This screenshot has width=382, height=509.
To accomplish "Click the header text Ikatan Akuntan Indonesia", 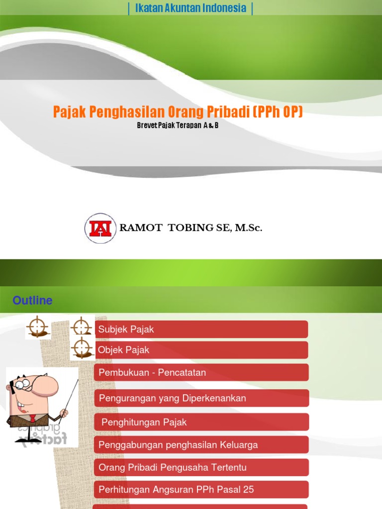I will point(191,8).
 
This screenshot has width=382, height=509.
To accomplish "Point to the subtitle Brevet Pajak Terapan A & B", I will point(178,125).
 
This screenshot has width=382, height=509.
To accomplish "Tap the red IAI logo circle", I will point(100,228).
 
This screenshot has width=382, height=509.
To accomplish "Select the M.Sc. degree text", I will point(248,228).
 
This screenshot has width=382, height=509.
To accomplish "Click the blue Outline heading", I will point(32,301).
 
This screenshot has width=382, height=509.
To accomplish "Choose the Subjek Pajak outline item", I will point(126,329).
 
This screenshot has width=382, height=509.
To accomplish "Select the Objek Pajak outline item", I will point(123,350).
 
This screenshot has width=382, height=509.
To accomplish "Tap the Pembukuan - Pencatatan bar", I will point(152,372).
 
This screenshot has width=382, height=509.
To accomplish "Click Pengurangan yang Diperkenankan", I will point(172,398).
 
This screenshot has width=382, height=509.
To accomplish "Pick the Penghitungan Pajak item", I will point(144,422).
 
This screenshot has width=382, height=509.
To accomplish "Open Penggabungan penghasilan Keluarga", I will point(178,445).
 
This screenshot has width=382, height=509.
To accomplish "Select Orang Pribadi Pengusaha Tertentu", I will point(172,467).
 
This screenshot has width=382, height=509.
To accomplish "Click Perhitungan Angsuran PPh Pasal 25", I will point(176,490).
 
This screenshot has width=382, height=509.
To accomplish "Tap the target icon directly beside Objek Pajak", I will point(82,348).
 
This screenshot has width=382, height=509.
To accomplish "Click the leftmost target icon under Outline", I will point(38,327).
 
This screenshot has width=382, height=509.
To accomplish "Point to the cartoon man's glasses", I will point(22,385).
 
